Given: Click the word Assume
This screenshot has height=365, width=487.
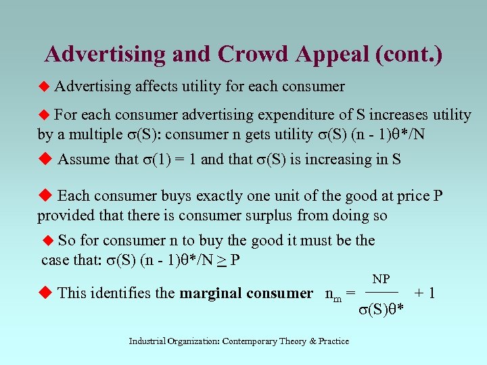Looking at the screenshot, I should (x=83, y=160).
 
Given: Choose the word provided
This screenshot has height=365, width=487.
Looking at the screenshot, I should (x=65, y=216).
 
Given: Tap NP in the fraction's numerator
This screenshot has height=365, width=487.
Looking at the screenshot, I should (x=381, y=278).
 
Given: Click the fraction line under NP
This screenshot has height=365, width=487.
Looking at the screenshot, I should (x=381, y=292).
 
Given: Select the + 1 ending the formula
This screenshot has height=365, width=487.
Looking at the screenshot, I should (x=425, y=293).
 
